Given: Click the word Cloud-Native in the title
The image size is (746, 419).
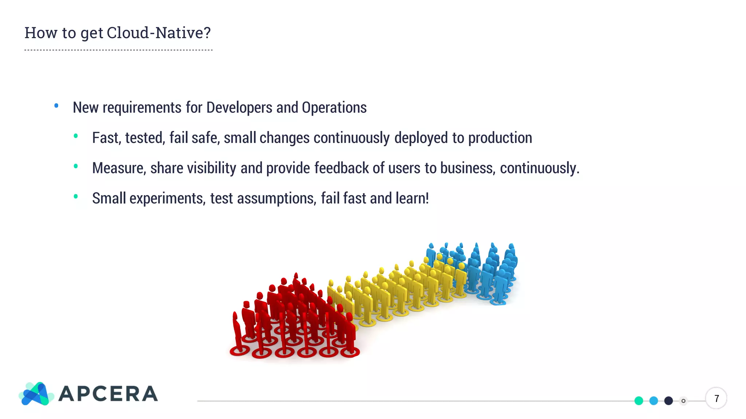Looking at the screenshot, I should tap(158, 33).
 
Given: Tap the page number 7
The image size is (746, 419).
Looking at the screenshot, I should tap(716, 399).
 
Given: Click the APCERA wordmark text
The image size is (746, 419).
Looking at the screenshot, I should tap(108, 394).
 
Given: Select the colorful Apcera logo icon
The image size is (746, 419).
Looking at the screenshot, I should tap(36, 394).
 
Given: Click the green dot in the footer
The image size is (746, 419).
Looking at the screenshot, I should tap(639, 401).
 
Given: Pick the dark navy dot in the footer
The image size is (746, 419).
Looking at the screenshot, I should tap(668, 401).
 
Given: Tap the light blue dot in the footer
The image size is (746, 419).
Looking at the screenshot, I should tap(653, 401).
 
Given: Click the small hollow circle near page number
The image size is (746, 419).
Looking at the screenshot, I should tap(683, 401).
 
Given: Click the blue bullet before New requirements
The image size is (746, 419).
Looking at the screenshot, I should tap(56, 106).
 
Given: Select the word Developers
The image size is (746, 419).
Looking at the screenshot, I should tap(239, 108).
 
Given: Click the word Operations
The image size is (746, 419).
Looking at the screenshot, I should tap(334, 108).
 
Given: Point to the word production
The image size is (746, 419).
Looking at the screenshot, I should tap(500, 138).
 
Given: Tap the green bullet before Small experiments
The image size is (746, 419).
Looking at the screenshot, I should tap(76, 196).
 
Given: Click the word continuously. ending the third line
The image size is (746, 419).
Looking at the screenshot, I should tap(539, 168).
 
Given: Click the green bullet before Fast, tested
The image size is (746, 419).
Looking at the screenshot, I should tap(76, 136).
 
